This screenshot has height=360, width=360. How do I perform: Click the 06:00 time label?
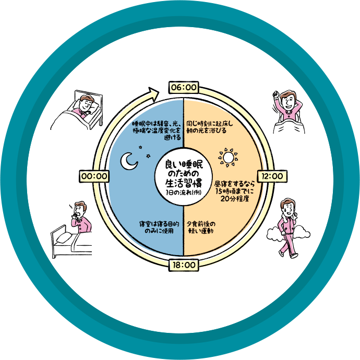pyautogui.click(x=183, y=87)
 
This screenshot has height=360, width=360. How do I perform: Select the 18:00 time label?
pyautogui.click(x=183, y=265)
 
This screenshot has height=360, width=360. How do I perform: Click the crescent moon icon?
pyautogui.click(x=128, y=162)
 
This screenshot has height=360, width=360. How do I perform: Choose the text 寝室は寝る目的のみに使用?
pyautogui.click(x=159, y=227)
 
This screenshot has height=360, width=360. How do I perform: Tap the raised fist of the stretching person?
pyautogui.click(x=275, y=95)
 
